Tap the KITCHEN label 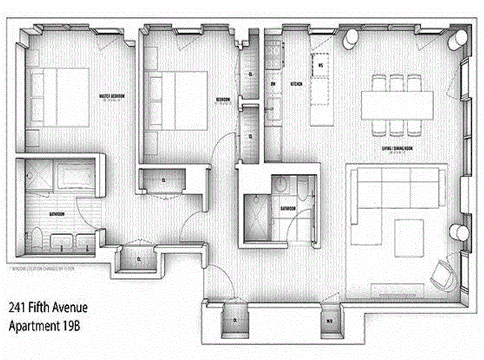(x=297, y=84)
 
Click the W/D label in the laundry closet (x=329, y=320)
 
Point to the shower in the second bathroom (x=256, y=217)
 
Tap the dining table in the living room (x=397, y=105)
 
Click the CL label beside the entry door (x=235, y=320)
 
